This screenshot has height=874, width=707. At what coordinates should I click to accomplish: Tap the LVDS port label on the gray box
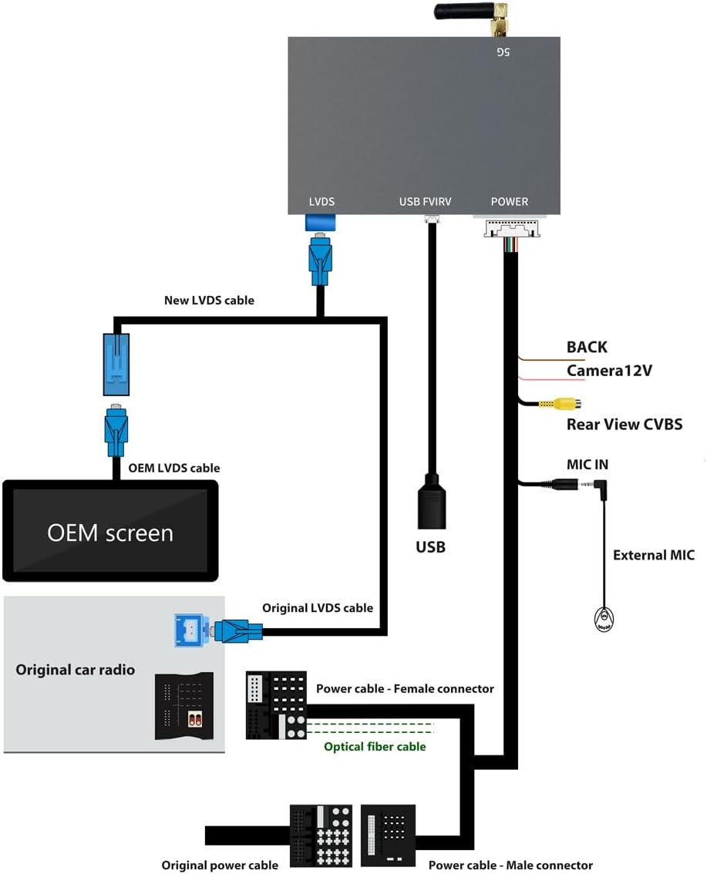coord(322,202)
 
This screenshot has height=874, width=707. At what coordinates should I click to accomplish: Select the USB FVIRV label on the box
coord(425,202)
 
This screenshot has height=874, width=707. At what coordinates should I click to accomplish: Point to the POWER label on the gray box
coord(509,202)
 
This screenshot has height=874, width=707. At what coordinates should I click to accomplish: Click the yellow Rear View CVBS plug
coord(561,403)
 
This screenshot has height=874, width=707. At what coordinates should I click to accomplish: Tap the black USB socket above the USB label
coord(432,502)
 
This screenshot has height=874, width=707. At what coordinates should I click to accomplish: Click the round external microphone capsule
coord(604,619)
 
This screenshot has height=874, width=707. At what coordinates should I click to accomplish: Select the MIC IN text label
coord(587,464)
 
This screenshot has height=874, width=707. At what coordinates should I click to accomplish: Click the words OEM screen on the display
coord(109,533)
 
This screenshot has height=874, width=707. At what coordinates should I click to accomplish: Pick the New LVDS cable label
coord(209,301)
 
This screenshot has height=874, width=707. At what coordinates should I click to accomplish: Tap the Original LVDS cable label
coord(317,607)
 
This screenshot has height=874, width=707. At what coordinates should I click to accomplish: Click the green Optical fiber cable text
coord(375,746)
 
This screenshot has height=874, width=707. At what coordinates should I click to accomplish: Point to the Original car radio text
coord(76,670)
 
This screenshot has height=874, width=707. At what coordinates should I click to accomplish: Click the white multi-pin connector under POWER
coord(512,229)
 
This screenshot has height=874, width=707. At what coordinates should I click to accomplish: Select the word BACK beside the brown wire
coord(587,347)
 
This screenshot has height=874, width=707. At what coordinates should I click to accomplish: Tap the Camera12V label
coord(609,371)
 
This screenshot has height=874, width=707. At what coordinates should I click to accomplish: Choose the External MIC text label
coord(654,555)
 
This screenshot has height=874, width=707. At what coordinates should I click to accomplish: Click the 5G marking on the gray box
coord(503,52)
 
